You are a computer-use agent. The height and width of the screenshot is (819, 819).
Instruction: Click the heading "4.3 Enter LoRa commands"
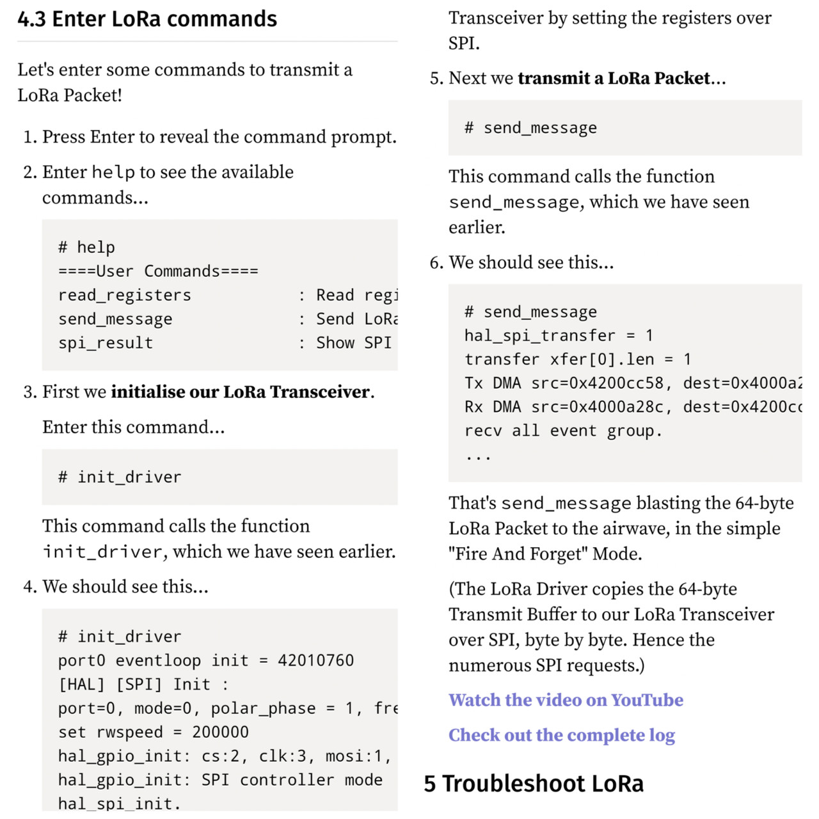click(x=147, y=19)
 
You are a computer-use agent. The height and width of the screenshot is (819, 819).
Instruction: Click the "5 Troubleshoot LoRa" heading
click(x=534, y=784)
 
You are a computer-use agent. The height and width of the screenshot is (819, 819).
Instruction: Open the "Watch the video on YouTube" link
click(x=566, y=700)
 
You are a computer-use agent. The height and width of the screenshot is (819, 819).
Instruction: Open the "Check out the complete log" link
click(x=561, y=735)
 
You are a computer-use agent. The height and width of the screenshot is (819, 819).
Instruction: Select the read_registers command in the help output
click(x=125, y=295)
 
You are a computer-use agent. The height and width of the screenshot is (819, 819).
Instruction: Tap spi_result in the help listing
click(x=106, y=343)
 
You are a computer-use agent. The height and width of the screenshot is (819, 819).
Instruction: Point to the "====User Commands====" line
click(x=158, y=271)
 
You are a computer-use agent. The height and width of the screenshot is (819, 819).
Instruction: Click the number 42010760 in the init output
click(x=315, y=660)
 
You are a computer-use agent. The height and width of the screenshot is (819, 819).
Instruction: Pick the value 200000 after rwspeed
click(x=220, y=732)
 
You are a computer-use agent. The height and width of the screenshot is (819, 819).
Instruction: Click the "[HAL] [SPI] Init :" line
click(x=143, y=685)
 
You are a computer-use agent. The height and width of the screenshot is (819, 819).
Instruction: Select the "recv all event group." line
click(x=563, y=431)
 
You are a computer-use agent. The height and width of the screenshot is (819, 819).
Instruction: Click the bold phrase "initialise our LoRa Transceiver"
click(x=241, y=392)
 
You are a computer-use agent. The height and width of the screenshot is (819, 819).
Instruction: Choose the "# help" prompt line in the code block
click(x=86, y=248)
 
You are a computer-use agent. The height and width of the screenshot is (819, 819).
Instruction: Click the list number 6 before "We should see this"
click(x=436, y=262)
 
